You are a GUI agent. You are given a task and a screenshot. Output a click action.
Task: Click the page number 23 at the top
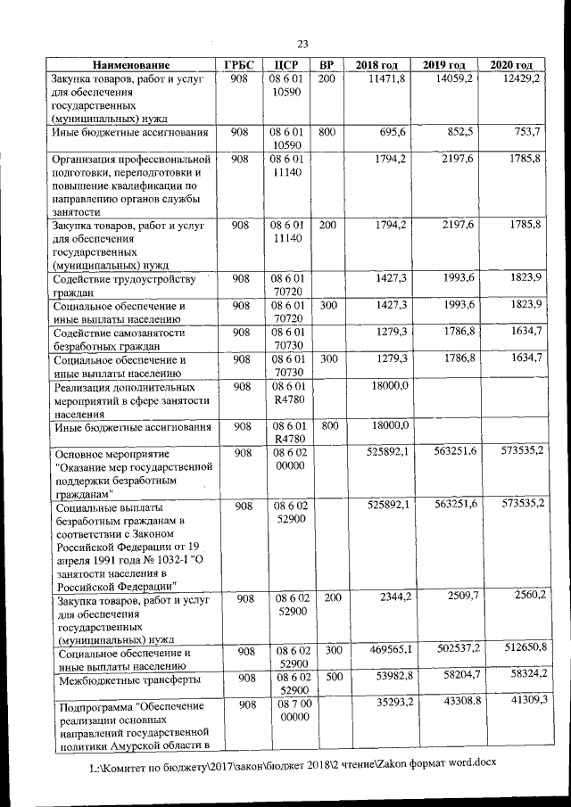pyautogui.click(x=302, y=45)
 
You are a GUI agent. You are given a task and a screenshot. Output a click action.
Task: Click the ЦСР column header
pyautogui.click(x=285, y=65)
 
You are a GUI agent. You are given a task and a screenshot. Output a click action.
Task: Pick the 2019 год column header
pyautogui.click(x=444, y=65)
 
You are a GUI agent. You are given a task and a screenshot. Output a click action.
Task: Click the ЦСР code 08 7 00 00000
pyautogui.click(x=285, y=711)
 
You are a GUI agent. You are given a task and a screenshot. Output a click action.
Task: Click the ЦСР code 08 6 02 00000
pyautogui.click(x=285, y=460)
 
